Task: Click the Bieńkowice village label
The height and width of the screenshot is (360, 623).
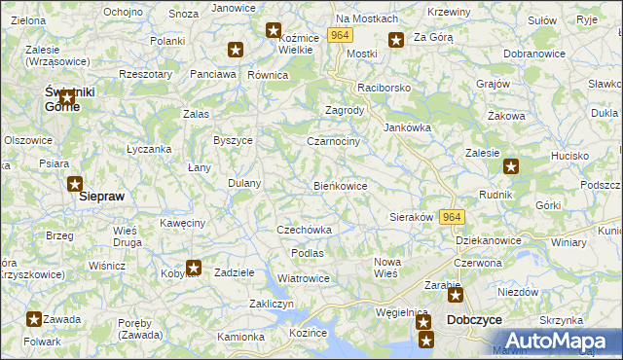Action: tap(340, 185)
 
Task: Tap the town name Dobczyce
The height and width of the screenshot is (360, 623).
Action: tap(473, 319)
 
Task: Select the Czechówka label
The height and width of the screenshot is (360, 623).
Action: tap(305, 230)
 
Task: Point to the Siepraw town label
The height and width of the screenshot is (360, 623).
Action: tap(101, 195)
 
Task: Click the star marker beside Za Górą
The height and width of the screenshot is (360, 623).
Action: tap(396, 40)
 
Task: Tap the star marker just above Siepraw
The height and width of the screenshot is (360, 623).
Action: tap(75, 183)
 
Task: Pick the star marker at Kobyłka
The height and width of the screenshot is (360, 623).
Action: tap(194, 268)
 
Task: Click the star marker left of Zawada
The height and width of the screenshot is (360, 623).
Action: tap(34, 319)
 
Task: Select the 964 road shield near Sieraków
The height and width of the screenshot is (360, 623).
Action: tap(452, 217)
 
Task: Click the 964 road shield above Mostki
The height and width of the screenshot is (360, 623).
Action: tap(339, 35)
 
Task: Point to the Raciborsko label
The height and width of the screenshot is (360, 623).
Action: tap(385, 88)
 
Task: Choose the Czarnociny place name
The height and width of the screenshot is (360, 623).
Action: tap(333, 141)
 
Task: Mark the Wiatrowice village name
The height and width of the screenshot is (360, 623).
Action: tap(304, 278)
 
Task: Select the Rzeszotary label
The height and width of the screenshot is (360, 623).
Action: tap(145, 74)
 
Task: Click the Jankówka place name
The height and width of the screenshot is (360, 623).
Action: tap(407, 127)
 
